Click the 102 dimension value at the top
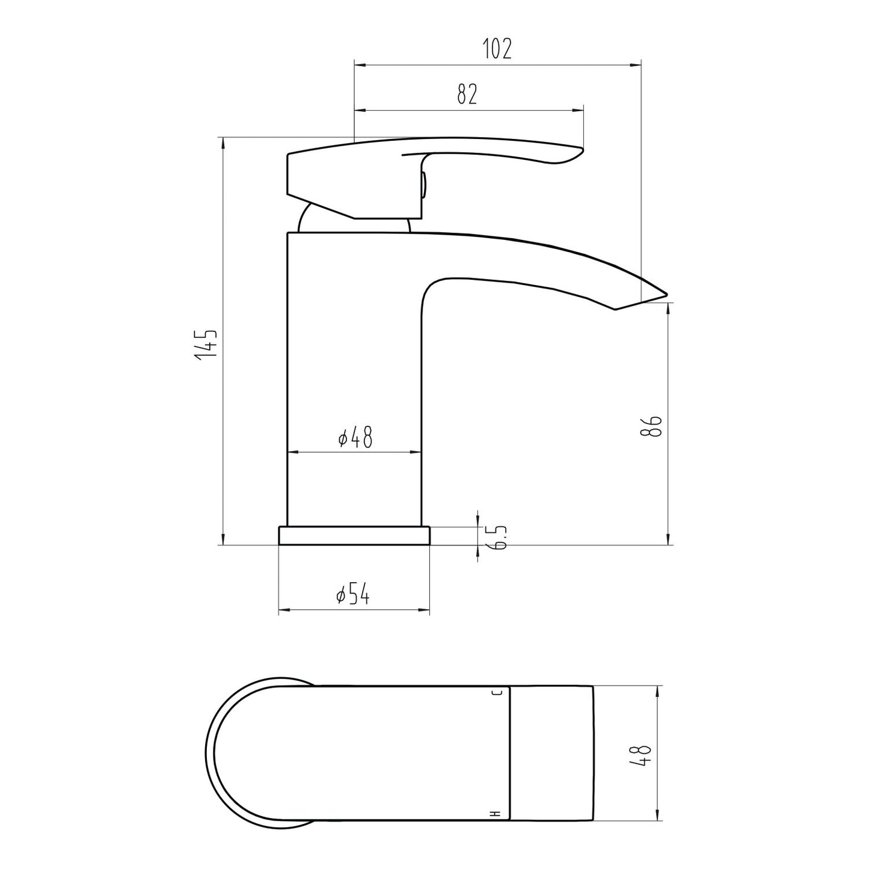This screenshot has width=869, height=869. point(497,49)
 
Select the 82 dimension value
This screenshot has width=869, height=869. point(467,94)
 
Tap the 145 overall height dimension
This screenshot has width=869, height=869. point(205,345)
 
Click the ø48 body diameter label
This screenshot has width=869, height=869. point(355,438)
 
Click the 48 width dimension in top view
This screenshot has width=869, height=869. point(644,754)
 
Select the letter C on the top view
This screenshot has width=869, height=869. point(497,693)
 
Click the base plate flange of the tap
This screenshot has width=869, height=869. point(354,535)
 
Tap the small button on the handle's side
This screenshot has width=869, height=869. point(424,183)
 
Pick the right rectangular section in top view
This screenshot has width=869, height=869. point(551,753)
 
